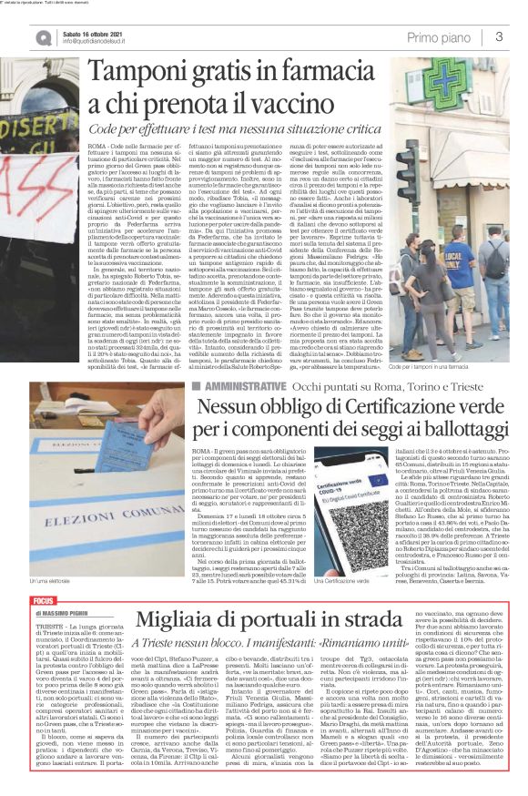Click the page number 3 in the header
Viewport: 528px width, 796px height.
point(500,36)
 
